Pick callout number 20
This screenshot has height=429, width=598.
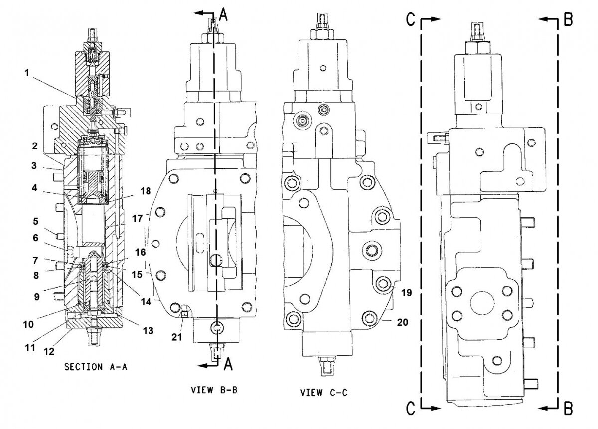(403, 322)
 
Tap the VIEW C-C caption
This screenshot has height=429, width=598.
(324, 393)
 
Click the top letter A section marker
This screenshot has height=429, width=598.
(223, 15)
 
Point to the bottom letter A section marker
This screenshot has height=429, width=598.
(228, 365)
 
